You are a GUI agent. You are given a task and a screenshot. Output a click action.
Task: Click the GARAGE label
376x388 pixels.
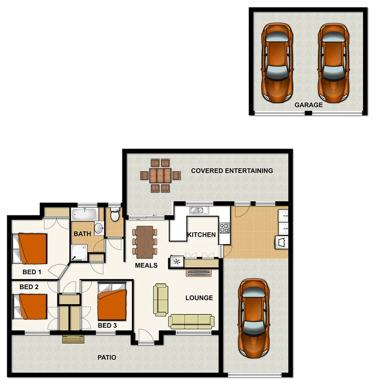(x=308, y=105)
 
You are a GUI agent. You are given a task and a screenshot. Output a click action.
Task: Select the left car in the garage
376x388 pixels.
(x=277, y=63)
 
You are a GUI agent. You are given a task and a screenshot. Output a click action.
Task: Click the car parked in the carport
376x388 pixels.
(x=253, y=317)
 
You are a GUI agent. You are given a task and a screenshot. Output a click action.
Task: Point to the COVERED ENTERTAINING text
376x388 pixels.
(x=232, y=170)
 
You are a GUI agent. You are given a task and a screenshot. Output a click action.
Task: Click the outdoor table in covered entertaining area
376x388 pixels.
(x=160, y=175)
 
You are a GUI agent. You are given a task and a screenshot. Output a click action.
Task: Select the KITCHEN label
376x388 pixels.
(x=201, y=235)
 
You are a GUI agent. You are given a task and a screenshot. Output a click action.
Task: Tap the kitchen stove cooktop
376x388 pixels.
(x=224, y=228)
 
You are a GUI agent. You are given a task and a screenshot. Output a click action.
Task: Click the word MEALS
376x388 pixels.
(x=146, y=265)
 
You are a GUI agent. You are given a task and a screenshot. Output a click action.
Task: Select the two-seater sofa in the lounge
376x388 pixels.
(x=161, y=300)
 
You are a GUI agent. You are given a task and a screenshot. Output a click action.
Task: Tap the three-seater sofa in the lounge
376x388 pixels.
(x=191, y=321)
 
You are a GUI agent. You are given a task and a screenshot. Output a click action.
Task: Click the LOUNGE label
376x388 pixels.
(x=199, y=298)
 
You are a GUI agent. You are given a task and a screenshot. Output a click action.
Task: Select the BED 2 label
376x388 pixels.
(x=29, y=287)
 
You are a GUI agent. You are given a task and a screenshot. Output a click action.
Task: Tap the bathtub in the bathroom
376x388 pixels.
(x=85, y=214)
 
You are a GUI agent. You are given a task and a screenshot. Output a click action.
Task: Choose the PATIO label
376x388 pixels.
(x=107, y=357)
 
